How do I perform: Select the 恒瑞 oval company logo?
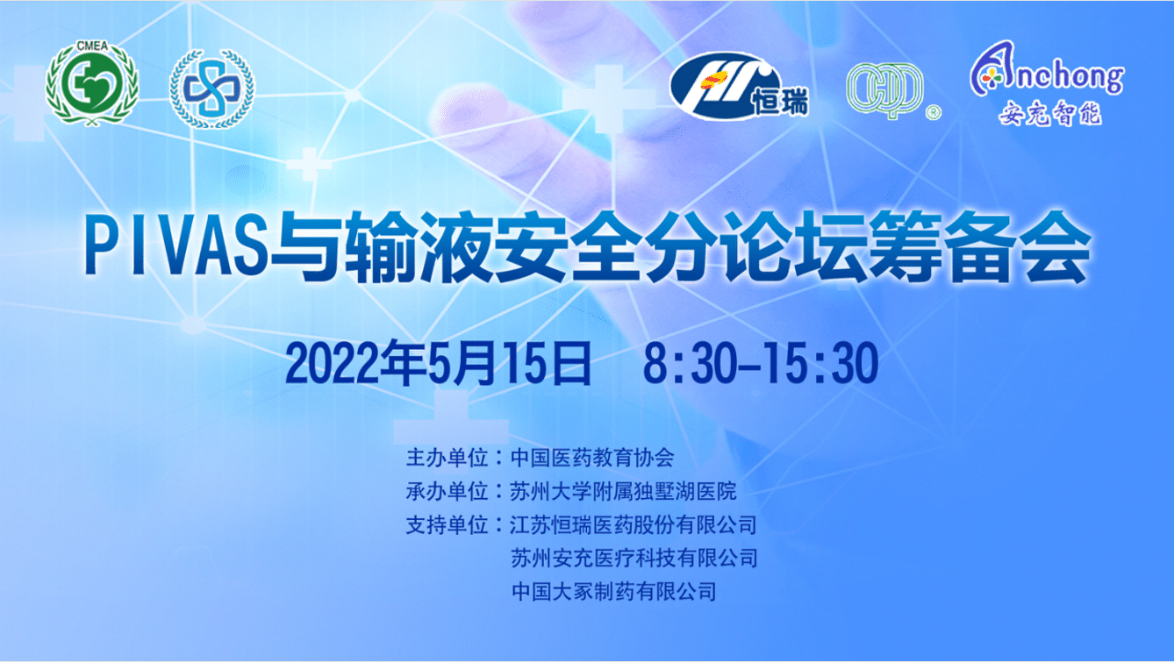click(739, 87)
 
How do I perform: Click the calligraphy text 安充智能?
click(1050, 113)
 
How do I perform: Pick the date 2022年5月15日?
click(438, 363)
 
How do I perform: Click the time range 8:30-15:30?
click(761, 363)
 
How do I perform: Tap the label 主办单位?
click(447, 458)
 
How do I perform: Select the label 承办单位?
click(447, 491)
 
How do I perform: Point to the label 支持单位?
click(447, 525)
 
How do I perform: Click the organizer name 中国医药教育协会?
click(592, 458)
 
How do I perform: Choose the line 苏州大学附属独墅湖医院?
click(623, 491)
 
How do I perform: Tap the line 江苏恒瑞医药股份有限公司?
click(634, 525)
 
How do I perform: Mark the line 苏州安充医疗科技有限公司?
click(634, 559)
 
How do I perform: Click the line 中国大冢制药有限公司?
click(613, 592)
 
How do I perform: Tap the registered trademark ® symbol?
click(934, 113)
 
